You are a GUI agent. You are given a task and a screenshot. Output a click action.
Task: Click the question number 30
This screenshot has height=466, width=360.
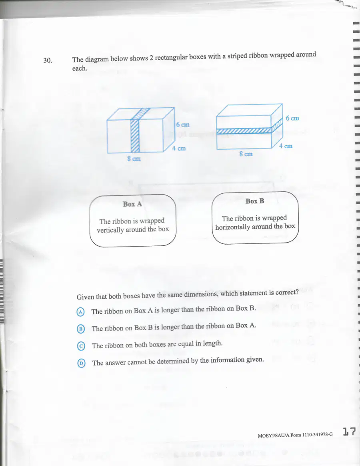(48, 60)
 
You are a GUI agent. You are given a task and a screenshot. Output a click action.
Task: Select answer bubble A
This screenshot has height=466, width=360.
(80, 312)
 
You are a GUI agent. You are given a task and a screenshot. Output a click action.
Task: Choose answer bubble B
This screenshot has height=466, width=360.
(81, 329)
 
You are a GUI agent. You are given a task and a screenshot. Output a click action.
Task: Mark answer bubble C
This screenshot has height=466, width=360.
(81, 346)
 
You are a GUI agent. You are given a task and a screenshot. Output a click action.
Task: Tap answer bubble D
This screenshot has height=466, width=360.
(81, 363)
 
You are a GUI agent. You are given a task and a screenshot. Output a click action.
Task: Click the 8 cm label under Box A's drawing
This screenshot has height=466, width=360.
(134, 159)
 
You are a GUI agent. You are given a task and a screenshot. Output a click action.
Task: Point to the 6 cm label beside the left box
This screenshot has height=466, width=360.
(182, 125)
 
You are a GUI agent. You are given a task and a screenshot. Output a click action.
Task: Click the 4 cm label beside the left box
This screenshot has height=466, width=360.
(179, 148)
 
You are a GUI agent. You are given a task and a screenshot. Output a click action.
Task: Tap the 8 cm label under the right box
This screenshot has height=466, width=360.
(246, 154)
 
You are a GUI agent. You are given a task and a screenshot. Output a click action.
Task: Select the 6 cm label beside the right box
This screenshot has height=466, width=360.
(292, 118)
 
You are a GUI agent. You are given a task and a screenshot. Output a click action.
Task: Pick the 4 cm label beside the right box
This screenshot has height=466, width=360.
(286, 146)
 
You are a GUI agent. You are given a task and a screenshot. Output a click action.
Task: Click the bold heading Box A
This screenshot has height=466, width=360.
(132, 204)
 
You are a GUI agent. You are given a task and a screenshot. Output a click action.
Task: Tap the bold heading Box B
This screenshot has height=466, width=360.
(255, 201)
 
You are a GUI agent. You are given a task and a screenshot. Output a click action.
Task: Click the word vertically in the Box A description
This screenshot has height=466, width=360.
(110, 230)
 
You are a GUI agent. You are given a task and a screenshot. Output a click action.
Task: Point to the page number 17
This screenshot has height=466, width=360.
(349, 432)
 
